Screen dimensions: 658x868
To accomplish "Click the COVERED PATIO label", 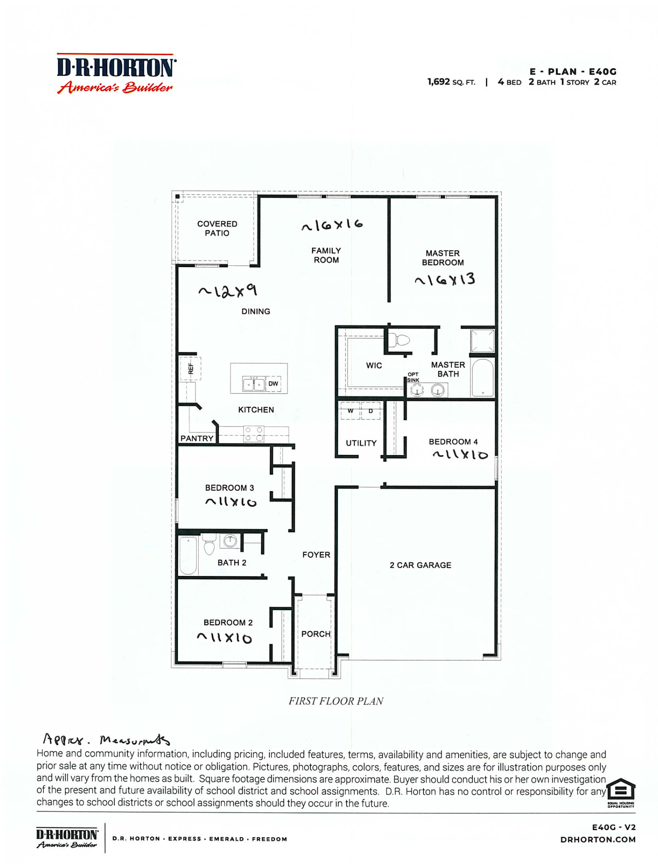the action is click(x=217, y=228).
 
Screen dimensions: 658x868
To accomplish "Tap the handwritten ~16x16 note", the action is click(x=332, y=225).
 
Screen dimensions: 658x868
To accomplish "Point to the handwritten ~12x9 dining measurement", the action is click(x=228, y=290).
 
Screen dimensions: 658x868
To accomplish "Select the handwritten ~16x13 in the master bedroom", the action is click(x=445, y=280).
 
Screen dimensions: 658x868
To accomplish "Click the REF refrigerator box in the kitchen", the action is click(x=190, y=369).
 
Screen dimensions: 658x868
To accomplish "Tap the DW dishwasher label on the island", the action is click(x=273, y=384).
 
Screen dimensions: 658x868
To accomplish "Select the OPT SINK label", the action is click(x=413, y=377).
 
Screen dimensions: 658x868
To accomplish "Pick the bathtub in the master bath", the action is click(x=483, y=378).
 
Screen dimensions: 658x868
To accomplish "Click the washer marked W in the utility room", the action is click(x=350, y=411).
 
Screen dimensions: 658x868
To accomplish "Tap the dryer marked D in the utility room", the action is click(x=371, y=411).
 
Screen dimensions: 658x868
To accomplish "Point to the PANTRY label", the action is click(x=197, y=438).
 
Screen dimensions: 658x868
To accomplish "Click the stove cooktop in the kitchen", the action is click(x=254, y=434).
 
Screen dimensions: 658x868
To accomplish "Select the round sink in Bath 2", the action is click(x=230, y=541).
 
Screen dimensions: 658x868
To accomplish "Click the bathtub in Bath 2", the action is click(x=189, y=556).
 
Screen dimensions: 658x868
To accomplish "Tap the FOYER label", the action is click(x=316, y=555).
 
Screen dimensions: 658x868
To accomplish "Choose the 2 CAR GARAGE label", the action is click(x=421, y=565).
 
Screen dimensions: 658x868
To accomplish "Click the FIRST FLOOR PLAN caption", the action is click(x=336, y=701).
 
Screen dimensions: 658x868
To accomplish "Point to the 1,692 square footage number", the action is click(x=439, y=82).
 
